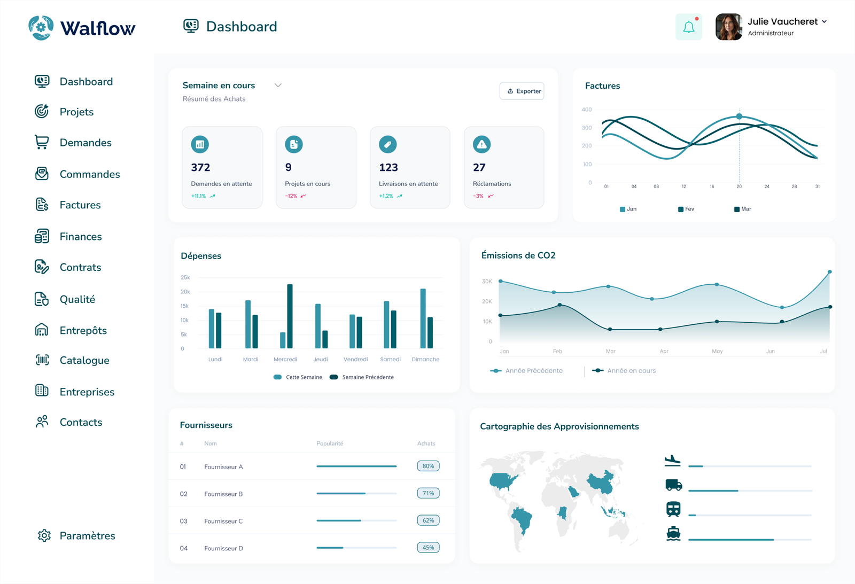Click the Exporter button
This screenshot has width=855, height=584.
click(522, 91)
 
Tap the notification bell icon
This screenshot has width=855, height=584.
click(689, 27)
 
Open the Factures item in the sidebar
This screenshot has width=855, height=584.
click(80, 205)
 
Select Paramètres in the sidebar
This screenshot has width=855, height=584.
click(87, 536)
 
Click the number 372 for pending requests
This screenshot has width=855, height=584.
click(200, 168)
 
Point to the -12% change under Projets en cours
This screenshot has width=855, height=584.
click(291, 196)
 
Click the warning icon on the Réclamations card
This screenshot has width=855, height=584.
click(481, 144)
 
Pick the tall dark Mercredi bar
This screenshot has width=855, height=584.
click(290, 316)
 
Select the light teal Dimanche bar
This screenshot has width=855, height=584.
click(423, 318)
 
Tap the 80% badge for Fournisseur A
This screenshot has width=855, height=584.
click(428, 466)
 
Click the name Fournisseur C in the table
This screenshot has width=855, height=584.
click(223, 521)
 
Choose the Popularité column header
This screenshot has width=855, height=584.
click(330, 443)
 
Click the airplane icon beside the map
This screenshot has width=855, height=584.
click(672, 460)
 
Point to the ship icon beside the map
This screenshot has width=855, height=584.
click(673, 533)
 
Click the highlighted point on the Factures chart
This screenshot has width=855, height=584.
click(740, 116)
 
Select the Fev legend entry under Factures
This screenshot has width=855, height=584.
click(686, 209)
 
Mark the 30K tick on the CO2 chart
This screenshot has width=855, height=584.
click(487, 281)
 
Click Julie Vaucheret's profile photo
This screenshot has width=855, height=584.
click(728, 27)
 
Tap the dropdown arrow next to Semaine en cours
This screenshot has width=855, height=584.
click(278, 85)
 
